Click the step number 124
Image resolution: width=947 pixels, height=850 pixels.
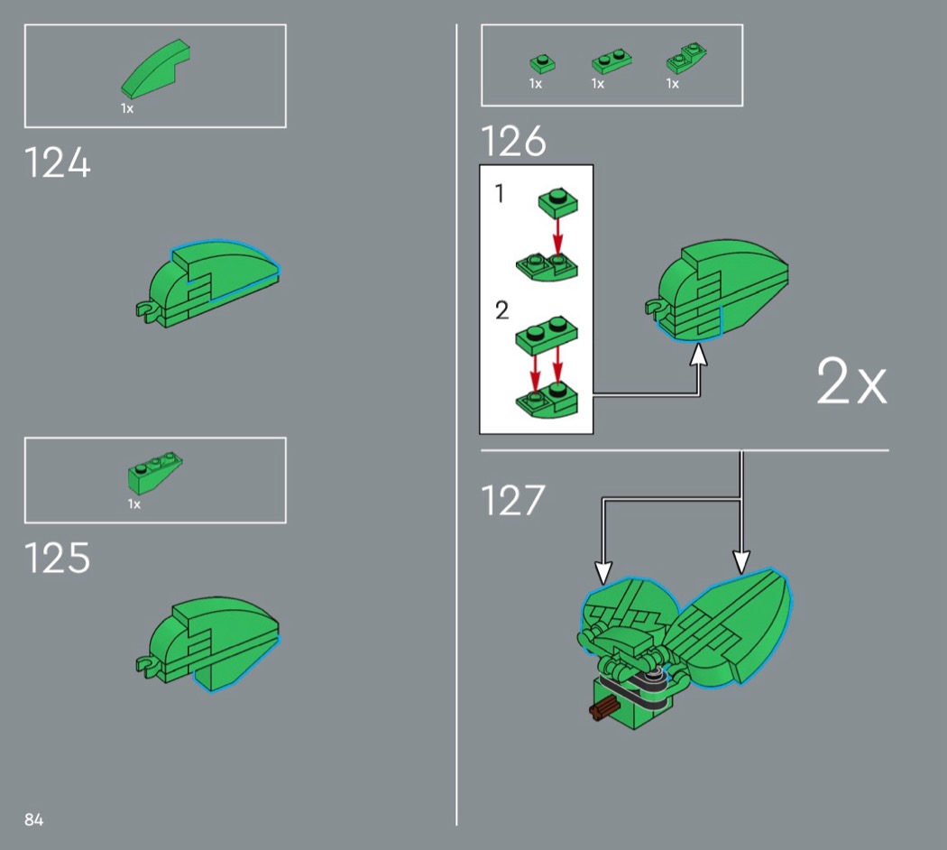(x=58, y=163)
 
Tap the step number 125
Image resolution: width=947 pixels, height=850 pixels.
(x=58, y=558)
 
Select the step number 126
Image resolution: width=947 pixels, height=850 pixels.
(x=513, y=142)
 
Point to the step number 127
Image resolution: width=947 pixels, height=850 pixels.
(x=513, y=500)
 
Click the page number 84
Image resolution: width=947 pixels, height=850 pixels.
(x=34, y=819)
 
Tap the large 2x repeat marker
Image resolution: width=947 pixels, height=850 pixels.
(x=851, y=381)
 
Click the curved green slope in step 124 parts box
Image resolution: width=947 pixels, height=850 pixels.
(x=155, y=69)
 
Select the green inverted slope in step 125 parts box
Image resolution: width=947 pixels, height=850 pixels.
(x=154, y=473)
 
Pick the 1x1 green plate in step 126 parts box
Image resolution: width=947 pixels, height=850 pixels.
(x=542, y=63)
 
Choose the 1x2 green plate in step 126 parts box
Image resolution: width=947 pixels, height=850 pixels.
(x=611, y=61)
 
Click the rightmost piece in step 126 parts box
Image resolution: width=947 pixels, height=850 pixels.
(x=686, y=59)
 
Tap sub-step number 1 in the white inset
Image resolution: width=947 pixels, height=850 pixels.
(x=499, y=193)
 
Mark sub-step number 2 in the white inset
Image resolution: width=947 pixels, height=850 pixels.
(x=501, y=310)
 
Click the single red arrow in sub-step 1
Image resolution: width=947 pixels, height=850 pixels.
(x=557, y=236)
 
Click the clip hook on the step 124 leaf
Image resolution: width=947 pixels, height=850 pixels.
(x=143, y=310)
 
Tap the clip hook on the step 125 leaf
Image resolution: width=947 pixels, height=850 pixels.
(x=143, y=667)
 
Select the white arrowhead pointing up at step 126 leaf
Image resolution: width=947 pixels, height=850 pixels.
(x=699, y=356)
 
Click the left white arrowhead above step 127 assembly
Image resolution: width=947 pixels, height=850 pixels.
(x=603, y=572)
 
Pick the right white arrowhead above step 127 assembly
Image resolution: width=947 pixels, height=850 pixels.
(x=741, y=562)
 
